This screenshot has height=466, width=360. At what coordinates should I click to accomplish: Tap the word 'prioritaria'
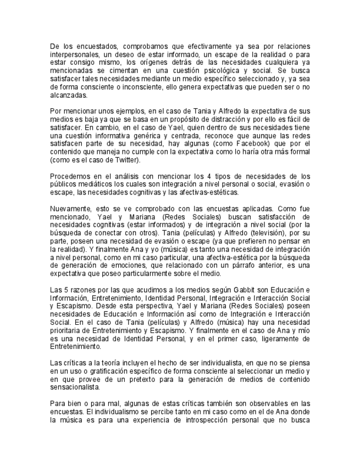[67, 331]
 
